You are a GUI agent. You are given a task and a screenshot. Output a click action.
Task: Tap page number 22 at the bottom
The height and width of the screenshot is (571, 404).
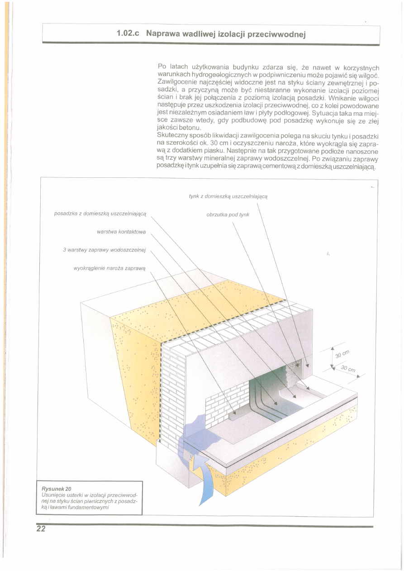(41, 530)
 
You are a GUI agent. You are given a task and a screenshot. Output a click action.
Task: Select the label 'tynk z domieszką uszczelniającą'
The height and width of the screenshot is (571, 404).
(228, 196)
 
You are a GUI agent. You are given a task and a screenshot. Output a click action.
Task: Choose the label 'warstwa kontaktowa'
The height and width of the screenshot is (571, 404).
(121, 232)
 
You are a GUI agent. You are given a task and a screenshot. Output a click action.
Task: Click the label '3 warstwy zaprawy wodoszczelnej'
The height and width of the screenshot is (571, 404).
(105, 250)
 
